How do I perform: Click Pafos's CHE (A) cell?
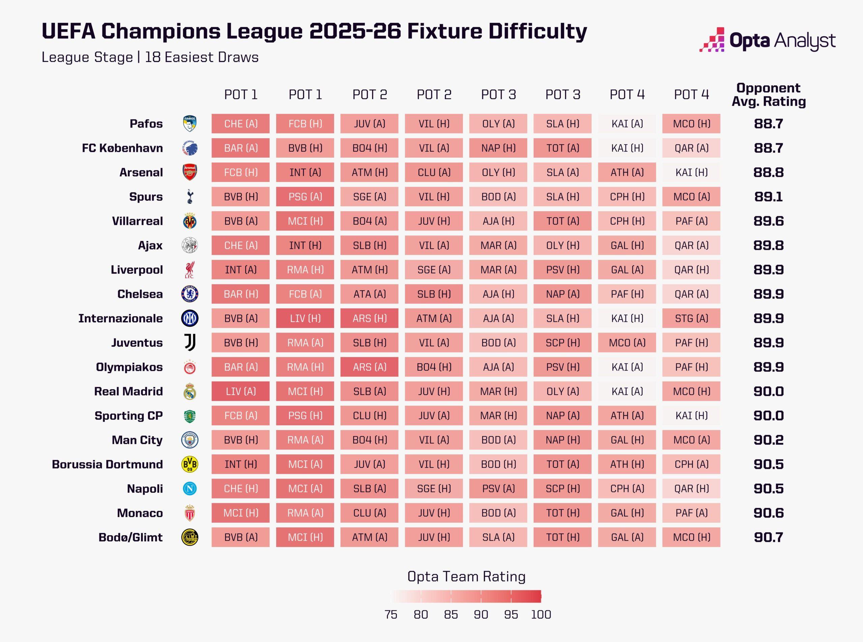241,124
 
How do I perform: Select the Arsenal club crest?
190,172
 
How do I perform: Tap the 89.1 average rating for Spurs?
768,196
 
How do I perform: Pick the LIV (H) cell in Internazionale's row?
305,318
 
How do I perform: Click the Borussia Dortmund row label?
107,464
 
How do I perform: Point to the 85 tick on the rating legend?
451,614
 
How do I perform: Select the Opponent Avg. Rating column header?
768,94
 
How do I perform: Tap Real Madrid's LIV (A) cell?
241,391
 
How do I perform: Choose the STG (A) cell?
691,318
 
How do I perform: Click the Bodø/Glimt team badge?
190,537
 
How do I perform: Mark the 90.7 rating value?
768,537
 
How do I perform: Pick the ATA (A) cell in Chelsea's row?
369,294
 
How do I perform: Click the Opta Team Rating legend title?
466,576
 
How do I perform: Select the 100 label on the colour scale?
541,614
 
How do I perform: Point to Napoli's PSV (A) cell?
498,489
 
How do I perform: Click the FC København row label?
122,148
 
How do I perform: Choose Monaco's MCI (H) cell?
241,513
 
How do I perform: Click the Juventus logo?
190,343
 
